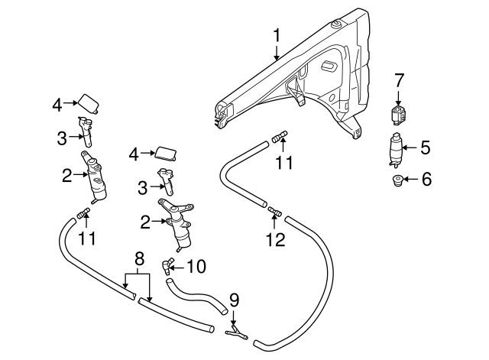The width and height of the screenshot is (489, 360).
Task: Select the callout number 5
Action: (426, 148)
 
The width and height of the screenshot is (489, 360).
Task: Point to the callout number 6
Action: (426, 180)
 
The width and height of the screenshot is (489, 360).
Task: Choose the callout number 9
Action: (234, 299)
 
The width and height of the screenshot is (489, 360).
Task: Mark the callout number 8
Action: (139, 258)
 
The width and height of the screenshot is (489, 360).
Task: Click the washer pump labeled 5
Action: (396, 148)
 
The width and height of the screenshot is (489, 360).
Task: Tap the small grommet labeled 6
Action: (397, 180)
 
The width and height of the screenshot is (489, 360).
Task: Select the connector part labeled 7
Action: (398, 116)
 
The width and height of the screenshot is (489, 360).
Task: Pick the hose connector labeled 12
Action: (274, 209)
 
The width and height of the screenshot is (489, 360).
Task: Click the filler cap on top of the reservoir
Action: (334, 27)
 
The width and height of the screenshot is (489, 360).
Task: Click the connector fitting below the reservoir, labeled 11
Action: (279, 138)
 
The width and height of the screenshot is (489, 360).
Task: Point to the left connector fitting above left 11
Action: (84, 212)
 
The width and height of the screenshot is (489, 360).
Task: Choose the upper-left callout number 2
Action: (67, 175)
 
